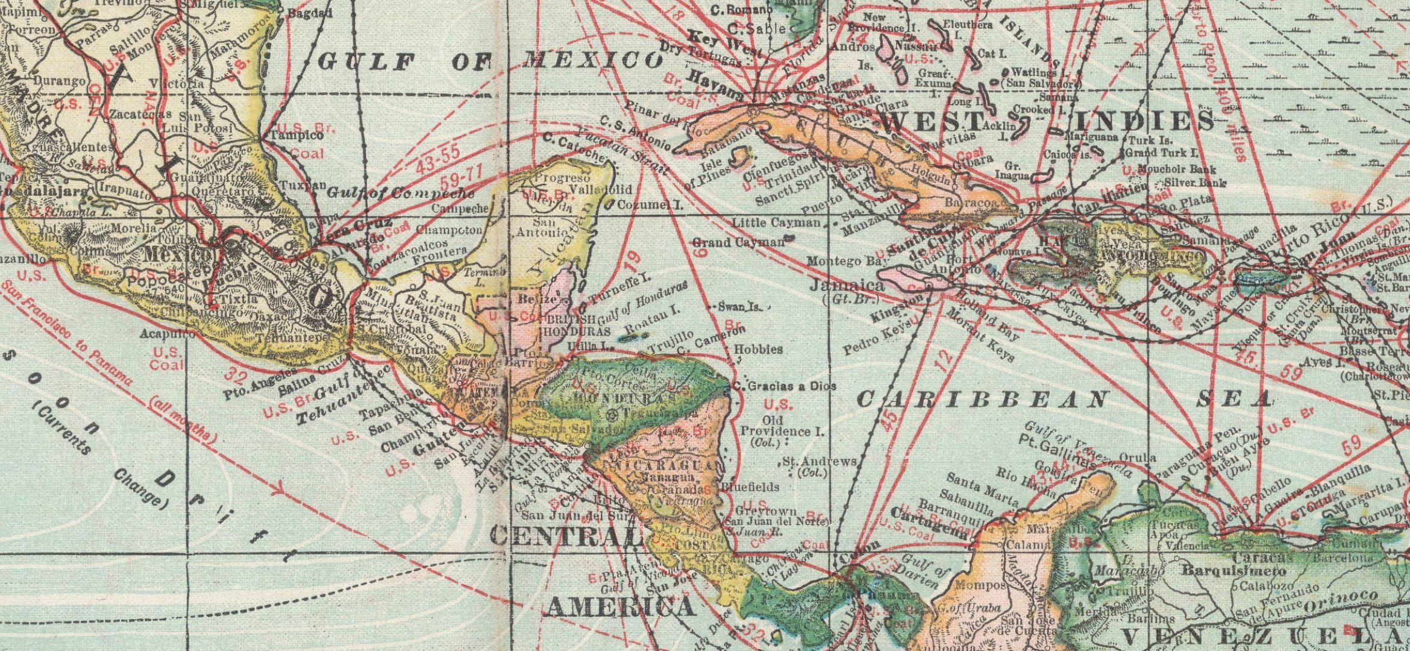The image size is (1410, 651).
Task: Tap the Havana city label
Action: (x=714, y=86)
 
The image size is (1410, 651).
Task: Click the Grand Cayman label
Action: (x=738, y=242)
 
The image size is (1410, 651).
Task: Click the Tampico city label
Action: (x=296, y=136)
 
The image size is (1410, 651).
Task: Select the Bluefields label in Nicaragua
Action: (x=750, y=486)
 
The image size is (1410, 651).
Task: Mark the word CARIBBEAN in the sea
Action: (x=982, y=399)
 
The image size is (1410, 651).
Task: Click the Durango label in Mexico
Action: (x=58, y=80)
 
